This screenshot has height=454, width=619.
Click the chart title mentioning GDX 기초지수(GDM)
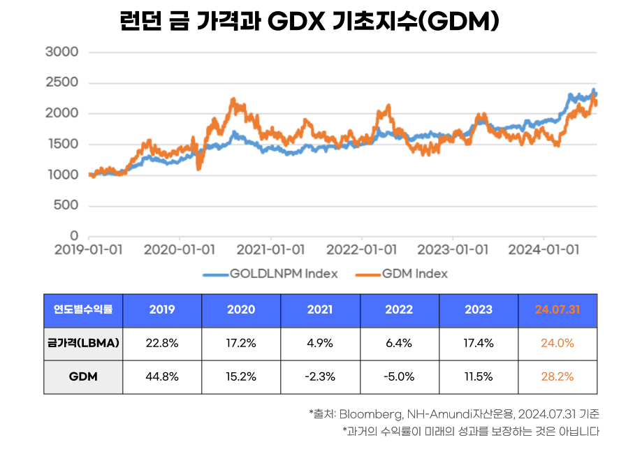tap(309, 21)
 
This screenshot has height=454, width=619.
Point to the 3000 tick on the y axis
tap(61, 52)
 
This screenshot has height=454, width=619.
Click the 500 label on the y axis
tap(66, 205)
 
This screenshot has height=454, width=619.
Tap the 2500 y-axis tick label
tap(61, 82)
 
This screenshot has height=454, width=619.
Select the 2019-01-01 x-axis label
tap(89, 249)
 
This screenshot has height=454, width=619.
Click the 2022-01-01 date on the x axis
tap(362, 249)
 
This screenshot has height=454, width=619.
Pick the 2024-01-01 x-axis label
tap(544, 249)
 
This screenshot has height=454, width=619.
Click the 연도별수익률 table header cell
tap(83, 309)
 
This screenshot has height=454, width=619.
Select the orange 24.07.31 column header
tap(557, 309)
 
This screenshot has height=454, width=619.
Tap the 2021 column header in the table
tap(320, 309)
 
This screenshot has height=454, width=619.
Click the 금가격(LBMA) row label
tap(83, 343)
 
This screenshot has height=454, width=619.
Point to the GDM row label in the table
tap(83, 376)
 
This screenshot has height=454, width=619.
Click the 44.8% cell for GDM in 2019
tap(162, 376)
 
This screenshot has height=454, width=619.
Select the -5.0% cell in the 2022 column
tap(399, 376)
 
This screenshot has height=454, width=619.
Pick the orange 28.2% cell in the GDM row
tap(557, 376)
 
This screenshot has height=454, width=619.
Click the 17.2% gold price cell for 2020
tap(241, 343)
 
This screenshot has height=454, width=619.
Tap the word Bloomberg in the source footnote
tap(367, 413)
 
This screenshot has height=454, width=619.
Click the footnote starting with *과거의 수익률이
tap(470, 431)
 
